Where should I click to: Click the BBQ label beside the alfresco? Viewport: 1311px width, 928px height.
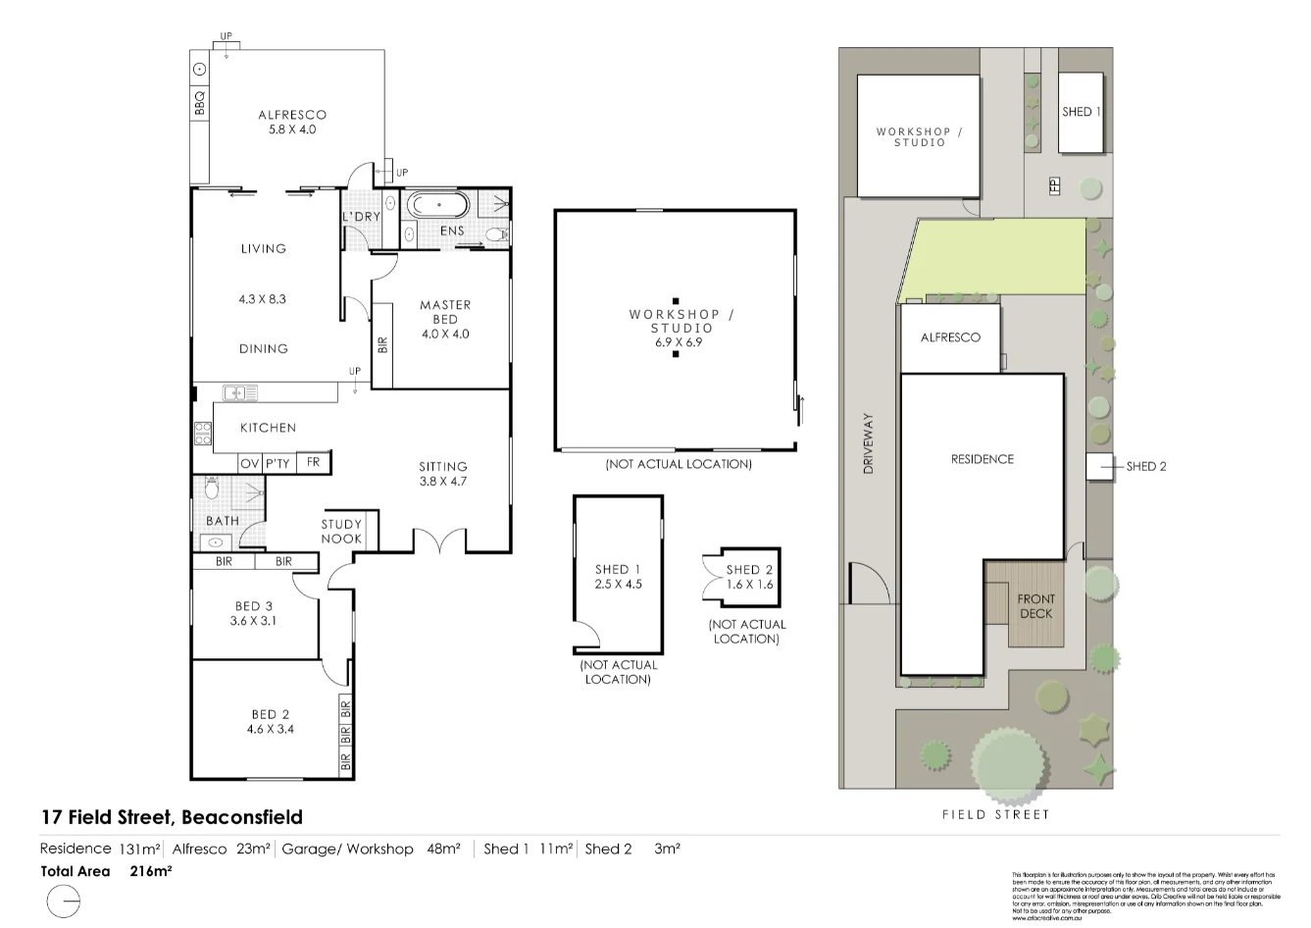(200, 103)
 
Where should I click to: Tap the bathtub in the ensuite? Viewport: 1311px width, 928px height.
(437, 206)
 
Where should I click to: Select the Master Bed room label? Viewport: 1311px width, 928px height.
(445, 312)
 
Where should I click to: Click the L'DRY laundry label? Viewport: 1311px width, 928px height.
(361, 217)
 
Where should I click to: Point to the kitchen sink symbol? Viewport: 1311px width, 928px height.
(239, 393)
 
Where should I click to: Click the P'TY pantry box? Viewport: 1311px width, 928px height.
(277, 463)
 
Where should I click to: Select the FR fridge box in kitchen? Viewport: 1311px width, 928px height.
(314, 462)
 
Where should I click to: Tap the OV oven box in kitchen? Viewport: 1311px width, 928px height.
(250, 463)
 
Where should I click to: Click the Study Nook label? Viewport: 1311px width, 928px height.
(341, 531)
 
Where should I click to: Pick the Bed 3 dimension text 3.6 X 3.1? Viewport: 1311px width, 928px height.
(254, 621)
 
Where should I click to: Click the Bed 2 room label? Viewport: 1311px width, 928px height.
(270, 714)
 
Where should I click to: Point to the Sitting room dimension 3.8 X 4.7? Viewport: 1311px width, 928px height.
(443, 482)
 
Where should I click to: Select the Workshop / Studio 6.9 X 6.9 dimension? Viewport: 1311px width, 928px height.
(680, 343)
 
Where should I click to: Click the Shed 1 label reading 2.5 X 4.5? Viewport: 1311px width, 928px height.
(618, 585)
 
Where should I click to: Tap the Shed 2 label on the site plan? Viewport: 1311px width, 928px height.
(1145, 467)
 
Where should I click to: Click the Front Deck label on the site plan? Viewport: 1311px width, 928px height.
(1035, 606)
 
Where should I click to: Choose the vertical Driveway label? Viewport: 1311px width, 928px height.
(868, 443)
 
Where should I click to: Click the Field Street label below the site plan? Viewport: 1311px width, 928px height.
(995, 814)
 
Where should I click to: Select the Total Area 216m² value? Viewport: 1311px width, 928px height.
(151, 871)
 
